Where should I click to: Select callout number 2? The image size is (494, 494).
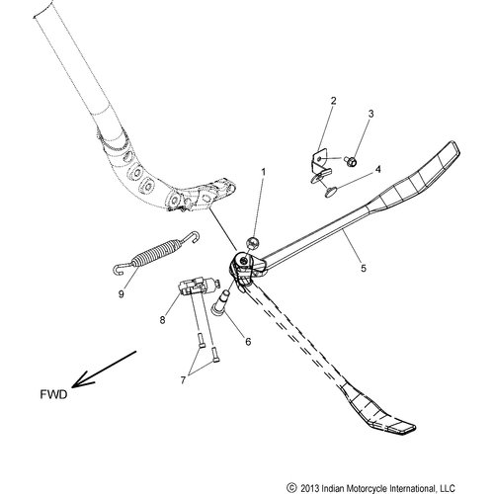334,101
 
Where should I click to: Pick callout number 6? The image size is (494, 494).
248,342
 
